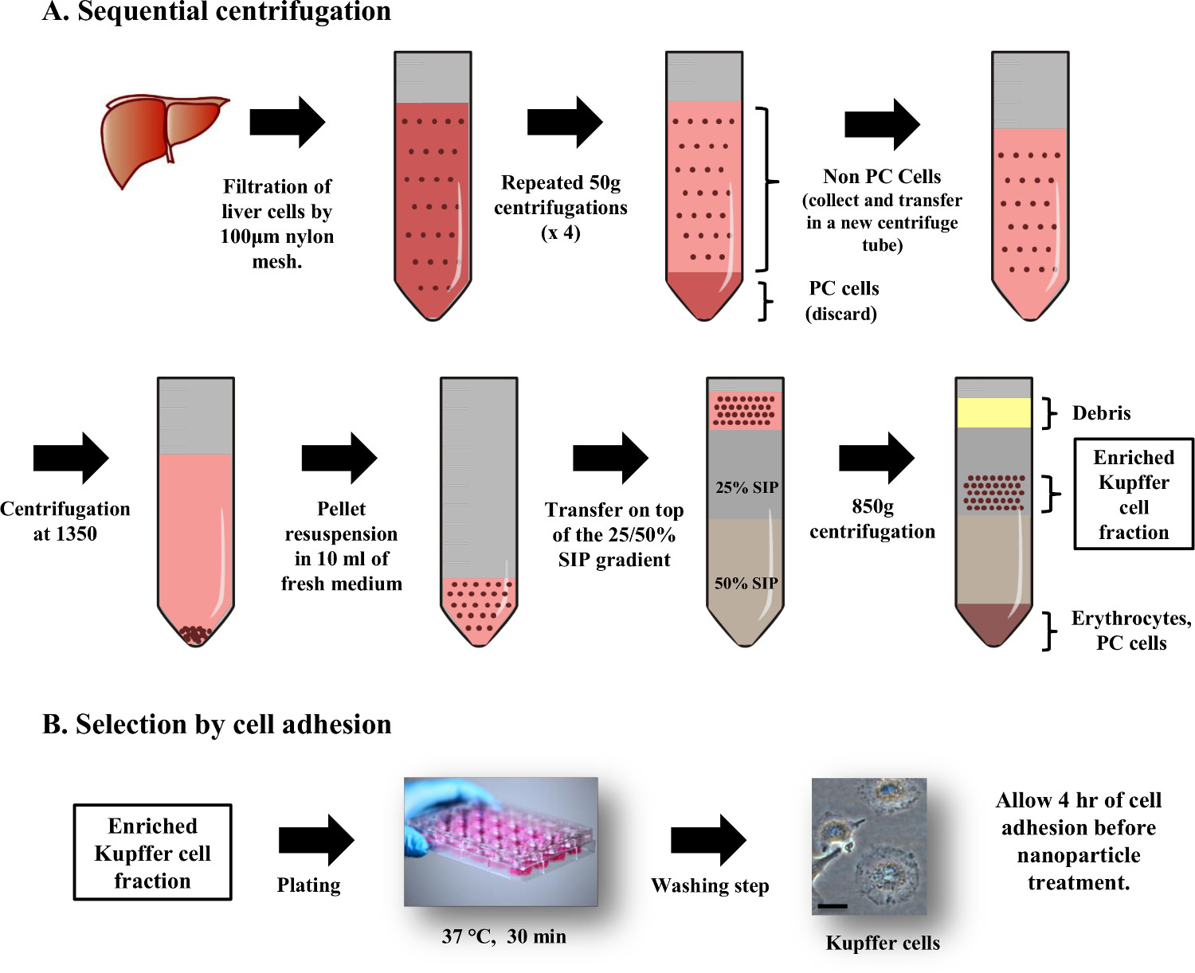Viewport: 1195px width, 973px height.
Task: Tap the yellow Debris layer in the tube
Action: pos(993,412)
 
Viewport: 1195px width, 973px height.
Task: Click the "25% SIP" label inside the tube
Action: pos(746,487)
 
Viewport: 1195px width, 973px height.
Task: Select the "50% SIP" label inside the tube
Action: pos(746,583)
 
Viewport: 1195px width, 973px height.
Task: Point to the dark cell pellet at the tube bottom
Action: pos(196,635)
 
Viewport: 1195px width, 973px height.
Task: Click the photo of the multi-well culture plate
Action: pos(501,841)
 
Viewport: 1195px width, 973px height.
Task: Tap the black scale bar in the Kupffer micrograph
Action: pos(833,905)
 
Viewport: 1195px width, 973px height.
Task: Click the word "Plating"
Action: pos(308,885)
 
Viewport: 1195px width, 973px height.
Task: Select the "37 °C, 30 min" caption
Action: pos(503,936)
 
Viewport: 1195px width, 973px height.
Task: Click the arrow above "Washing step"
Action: pos(708,840)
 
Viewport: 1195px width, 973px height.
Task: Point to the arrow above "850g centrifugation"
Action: pos(876,458)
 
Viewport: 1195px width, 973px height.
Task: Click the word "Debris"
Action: pos(1101,412)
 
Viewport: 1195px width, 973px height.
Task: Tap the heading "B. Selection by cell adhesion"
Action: pos(217,724)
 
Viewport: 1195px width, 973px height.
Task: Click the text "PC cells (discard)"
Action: pos(842,301)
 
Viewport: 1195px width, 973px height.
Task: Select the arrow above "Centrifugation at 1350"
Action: pos(71,458)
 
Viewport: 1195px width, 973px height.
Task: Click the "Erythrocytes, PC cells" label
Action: pos(1131,631)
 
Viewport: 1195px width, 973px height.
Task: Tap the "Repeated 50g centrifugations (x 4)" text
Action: pos(561,208)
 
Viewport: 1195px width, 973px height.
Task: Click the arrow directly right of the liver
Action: pos(288,123)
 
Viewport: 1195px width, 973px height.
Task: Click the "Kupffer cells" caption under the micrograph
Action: pos(883,943)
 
